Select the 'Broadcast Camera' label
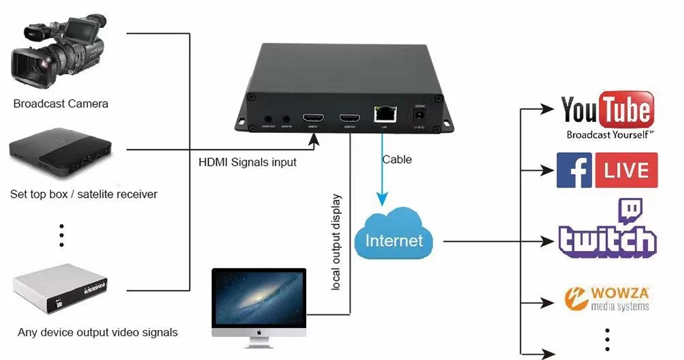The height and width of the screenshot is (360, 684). (61, 104)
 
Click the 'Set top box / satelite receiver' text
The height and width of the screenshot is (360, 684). (84, 194)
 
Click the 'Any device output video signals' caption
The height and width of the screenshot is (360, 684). (98, 333)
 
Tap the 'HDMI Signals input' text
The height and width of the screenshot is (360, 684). (248, 162)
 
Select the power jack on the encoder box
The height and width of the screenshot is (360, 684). (419, 117)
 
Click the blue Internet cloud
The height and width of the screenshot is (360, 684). (394, 236)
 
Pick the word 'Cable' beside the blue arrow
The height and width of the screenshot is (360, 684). (397, 160)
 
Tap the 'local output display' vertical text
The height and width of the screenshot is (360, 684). (336, 243)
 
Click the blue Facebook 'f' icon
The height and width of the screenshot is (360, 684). (574, 170)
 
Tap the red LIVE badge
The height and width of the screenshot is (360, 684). (626, 170)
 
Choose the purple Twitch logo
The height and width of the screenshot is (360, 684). (607, 232)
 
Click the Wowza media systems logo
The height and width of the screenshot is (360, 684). (607, 298)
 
